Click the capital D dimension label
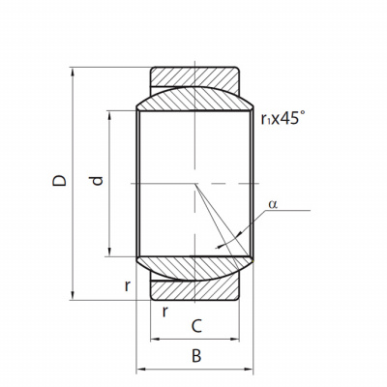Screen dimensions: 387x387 click(x=59, y=181)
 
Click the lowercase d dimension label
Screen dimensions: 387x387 click(x=97, y=181)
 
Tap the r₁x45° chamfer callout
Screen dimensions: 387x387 click(x=283, y=118)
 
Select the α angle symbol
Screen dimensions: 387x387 click(x=273, y=204)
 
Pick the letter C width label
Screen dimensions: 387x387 click(x=196, y=326)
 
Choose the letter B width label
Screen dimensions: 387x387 click(x=196, y=356)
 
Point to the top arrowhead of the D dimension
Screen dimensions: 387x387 click(x=73, y=72)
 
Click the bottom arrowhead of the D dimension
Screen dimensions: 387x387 click(x=73, y=295)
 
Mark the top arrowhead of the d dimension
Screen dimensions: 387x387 click(x=109, y=115)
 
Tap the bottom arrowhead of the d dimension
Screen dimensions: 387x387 click(x=109, y=252)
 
